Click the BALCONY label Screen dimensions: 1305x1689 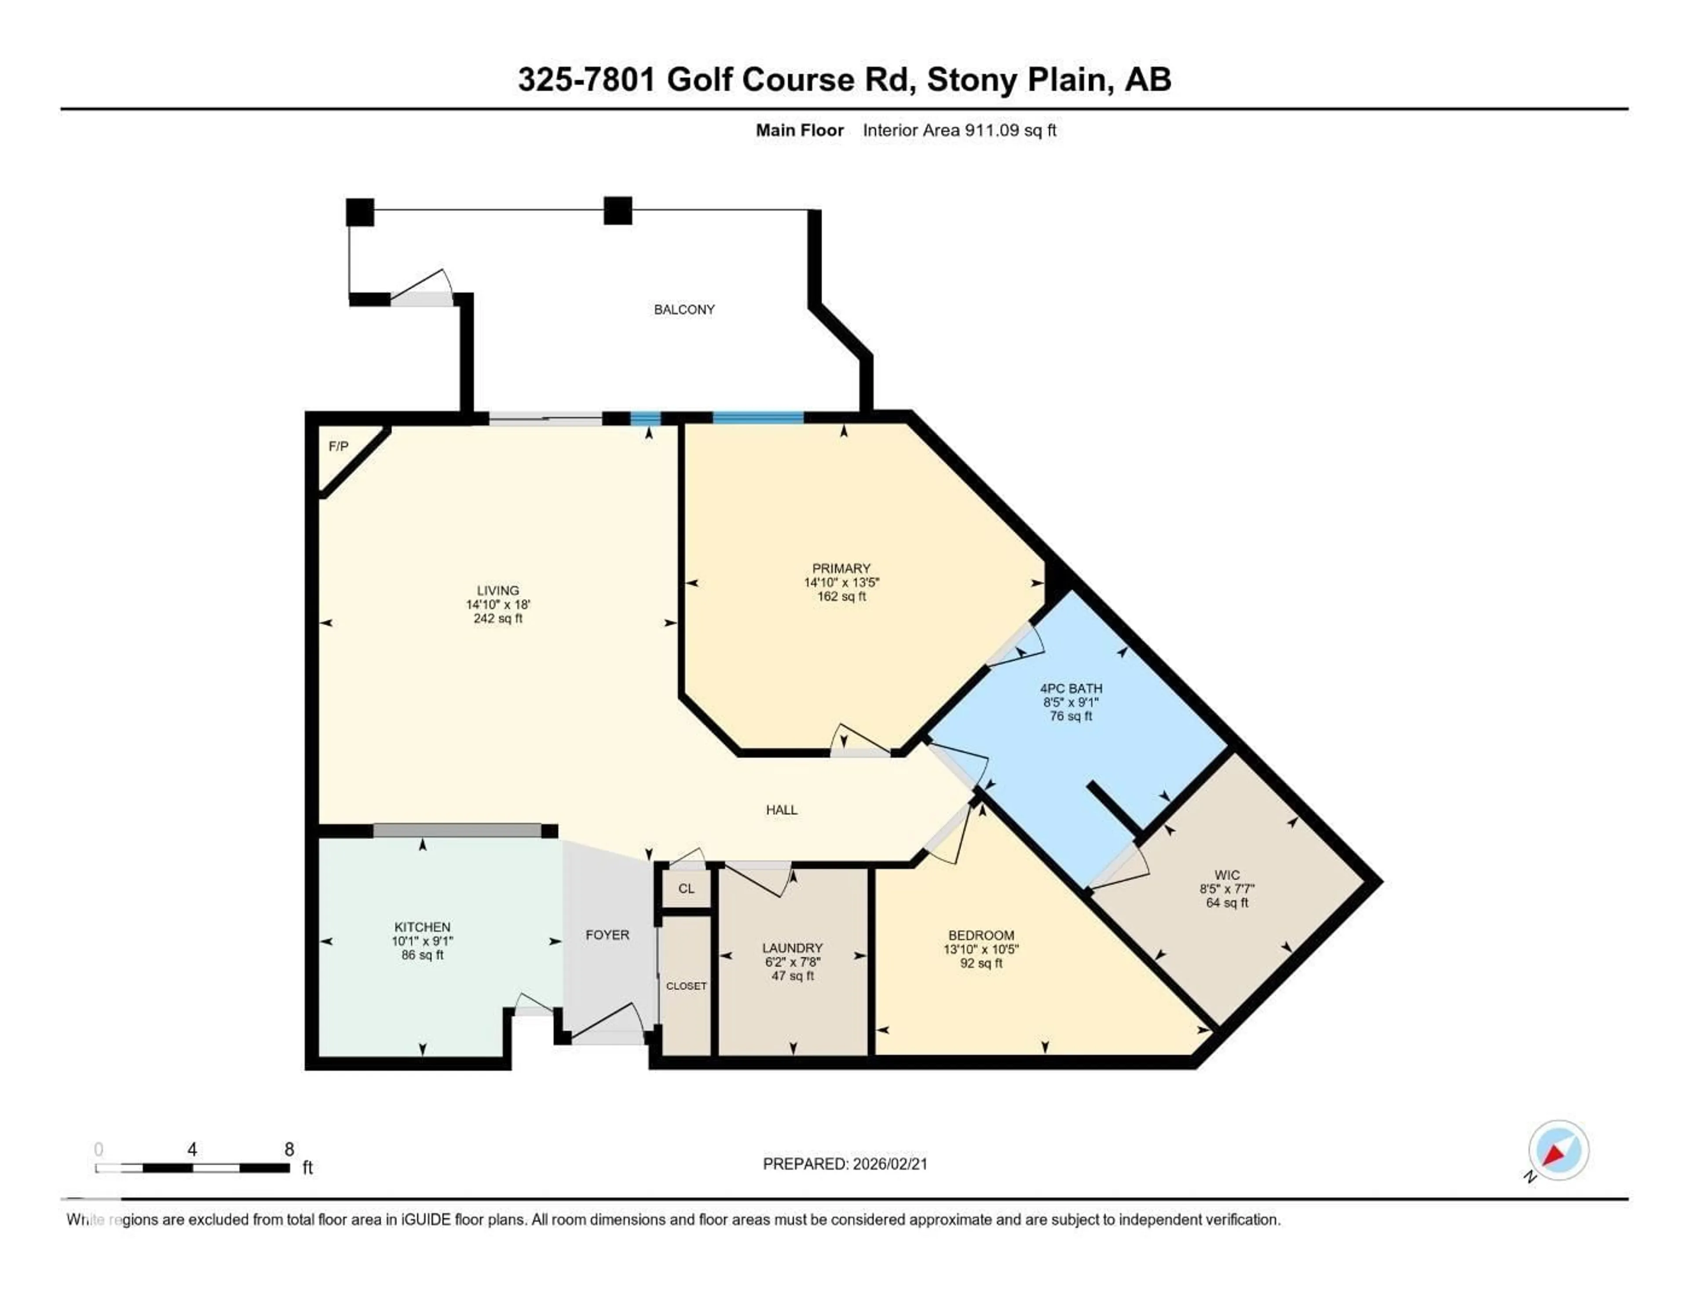click(684, 309)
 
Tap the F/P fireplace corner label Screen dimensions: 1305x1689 click(338, 446)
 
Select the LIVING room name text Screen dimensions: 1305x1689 click(497, 590)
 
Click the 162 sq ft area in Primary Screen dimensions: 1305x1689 click(841, 596)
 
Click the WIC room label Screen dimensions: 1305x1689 click(1227, 875)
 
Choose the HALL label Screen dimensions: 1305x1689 click(781, 810)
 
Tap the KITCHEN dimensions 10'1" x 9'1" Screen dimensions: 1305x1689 click(422, 941)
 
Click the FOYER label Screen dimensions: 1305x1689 click(607, 935)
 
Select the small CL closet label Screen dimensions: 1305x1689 click(686, 888)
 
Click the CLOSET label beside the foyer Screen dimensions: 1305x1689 click(686, 986)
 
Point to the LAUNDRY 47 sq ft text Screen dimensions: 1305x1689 click(792, 976)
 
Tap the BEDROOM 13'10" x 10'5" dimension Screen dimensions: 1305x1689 click(980, 949)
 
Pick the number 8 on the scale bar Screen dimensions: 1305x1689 click(289, 1149)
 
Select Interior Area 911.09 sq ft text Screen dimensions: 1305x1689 click(959, 130)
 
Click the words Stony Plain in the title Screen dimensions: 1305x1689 click(1016, 80)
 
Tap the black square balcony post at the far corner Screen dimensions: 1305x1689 click(360, 212)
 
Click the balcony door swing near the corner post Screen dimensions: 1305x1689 click(421, 288)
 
